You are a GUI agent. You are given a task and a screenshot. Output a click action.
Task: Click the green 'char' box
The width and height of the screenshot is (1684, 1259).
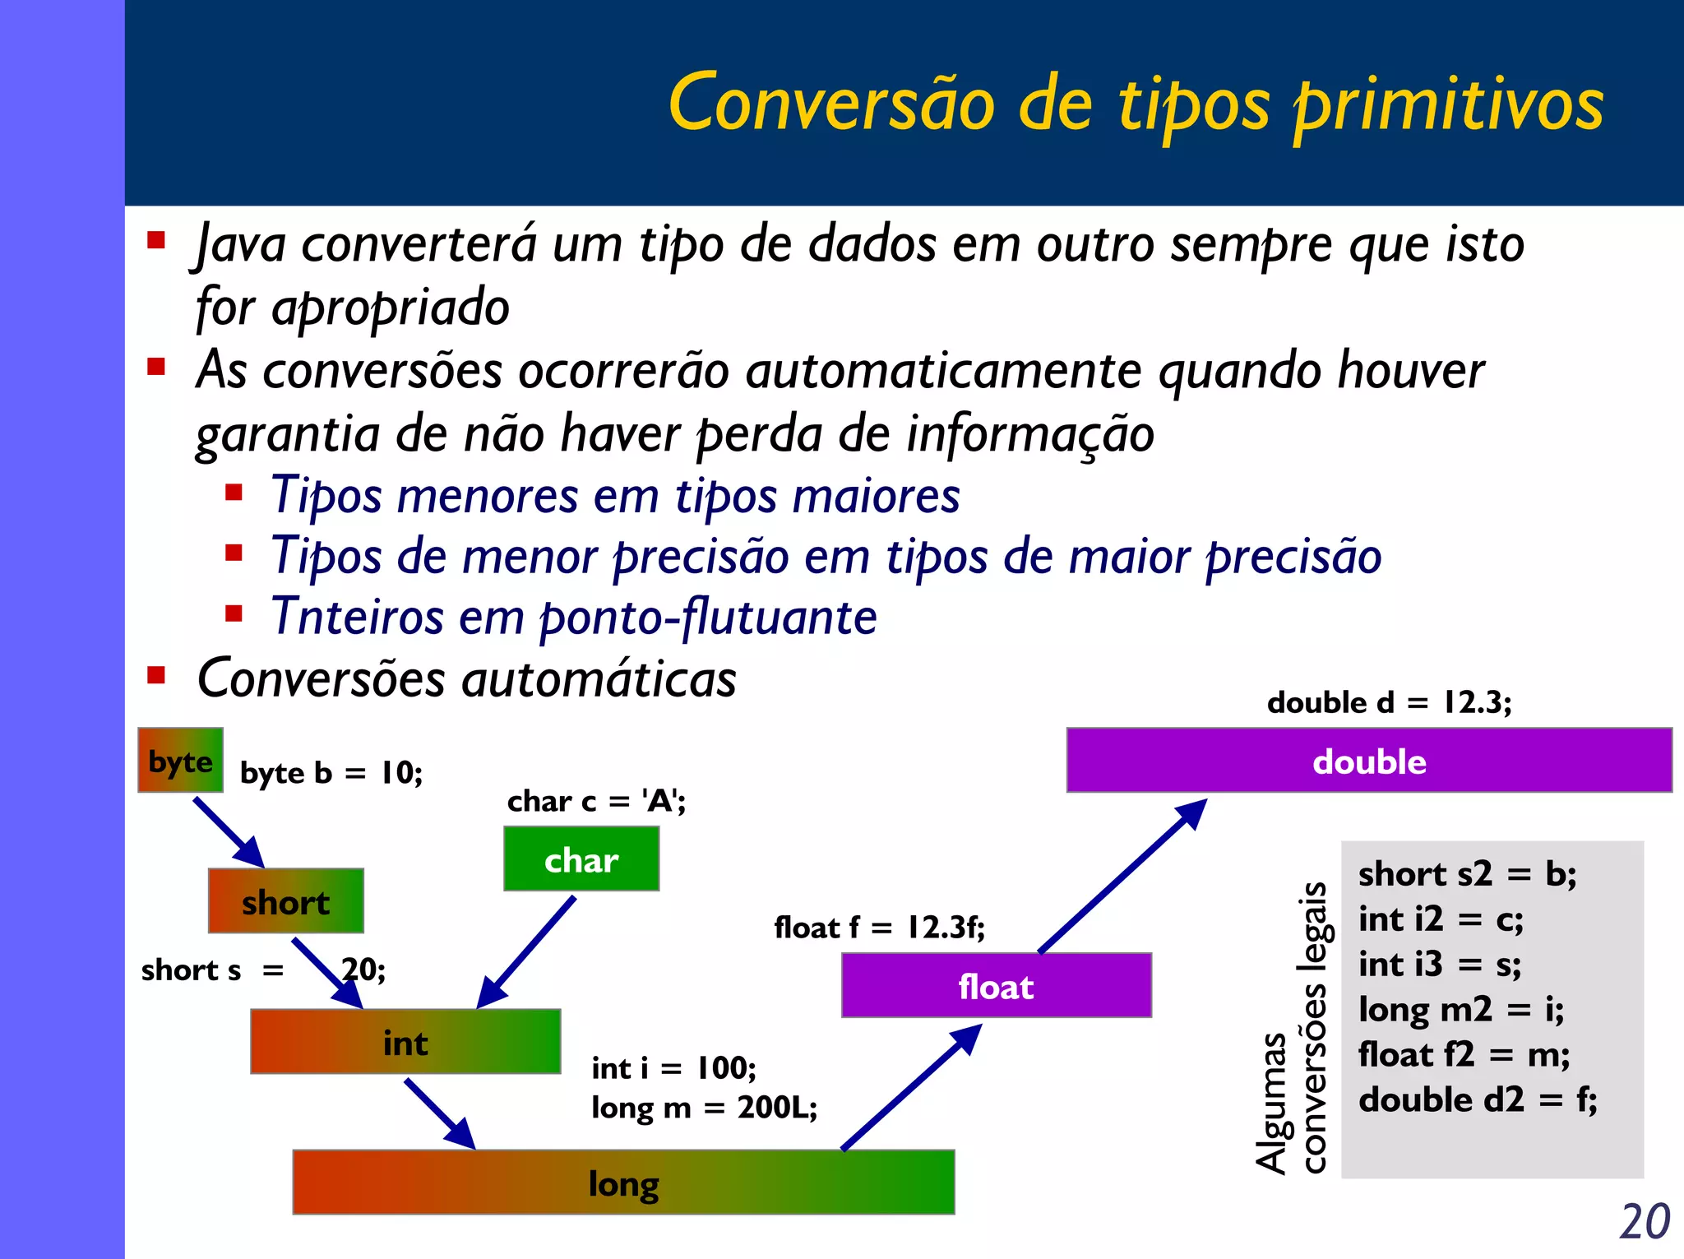click(x=581, y=859)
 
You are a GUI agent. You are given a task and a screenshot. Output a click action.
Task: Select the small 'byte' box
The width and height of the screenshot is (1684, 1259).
click(x=180, y=761)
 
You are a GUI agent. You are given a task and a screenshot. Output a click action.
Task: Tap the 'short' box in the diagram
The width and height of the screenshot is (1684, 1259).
click(x=285, y=901)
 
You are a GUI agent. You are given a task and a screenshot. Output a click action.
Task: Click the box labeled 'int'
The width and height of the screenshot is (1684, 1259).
click(x=405, y=1042)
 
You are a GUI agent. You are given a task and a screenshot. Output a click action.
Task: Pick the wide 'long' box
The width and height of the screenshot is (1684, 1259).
click(x=623, y=1183)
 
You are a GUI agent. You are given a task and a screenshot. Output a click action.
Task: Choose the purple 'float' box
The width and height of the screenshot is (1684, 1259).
click(x=996, y=985)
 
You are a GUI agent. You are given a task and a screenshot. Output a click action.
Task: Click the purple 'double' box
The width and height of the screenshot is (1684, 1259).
click(x=1369, y=761)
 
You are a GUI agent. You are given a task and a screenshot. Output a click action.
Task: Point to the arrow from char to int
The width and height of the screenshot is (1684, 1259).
click(x=527, y=951)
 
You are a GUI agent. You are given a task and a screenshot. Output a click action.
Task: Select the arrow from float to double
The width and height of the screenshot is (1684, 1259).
click(x=1122, y=877)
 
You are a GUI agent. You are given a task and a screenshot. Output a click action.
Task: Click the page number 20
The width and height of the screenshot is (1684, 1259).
click(x=1645, y=1222)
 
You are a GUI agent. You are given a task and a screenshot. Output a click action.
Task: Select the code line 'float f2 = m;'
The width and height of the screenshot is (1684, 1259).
click(x=1464, y=1054)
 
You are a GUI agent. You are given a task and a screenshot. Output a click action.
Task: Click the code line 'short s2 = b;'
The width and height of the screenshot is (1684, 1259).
click(x=1467, y=873)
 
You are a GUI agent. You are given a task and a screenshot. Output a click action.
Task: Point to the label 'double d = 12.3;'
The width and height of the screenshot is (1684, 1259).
click(x=1389, y=702)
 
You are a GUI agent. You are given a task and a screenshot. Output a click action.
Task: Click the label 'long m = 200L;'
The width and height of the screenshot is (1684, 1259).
click(x=704, y=1108)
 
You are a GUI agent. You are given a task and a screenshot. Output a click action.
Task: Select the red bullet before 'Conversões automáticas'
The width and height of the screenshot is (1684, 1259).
click(x=156, y=676)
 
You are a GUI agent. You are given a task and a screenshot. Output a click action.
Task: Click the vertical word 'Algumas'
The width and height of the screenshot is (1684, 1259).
click(x=1271, y=1102)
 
